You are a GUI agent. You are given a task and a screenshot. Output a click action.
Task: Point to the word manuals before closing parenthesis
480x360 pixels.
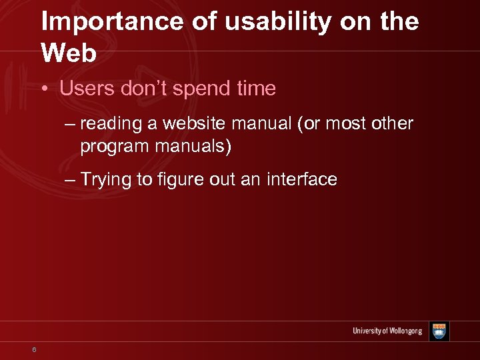[x=194, y=145]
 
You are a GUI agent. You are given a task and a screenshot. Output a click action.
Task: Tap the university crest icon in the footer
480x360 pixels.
[x=439, y=331]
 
